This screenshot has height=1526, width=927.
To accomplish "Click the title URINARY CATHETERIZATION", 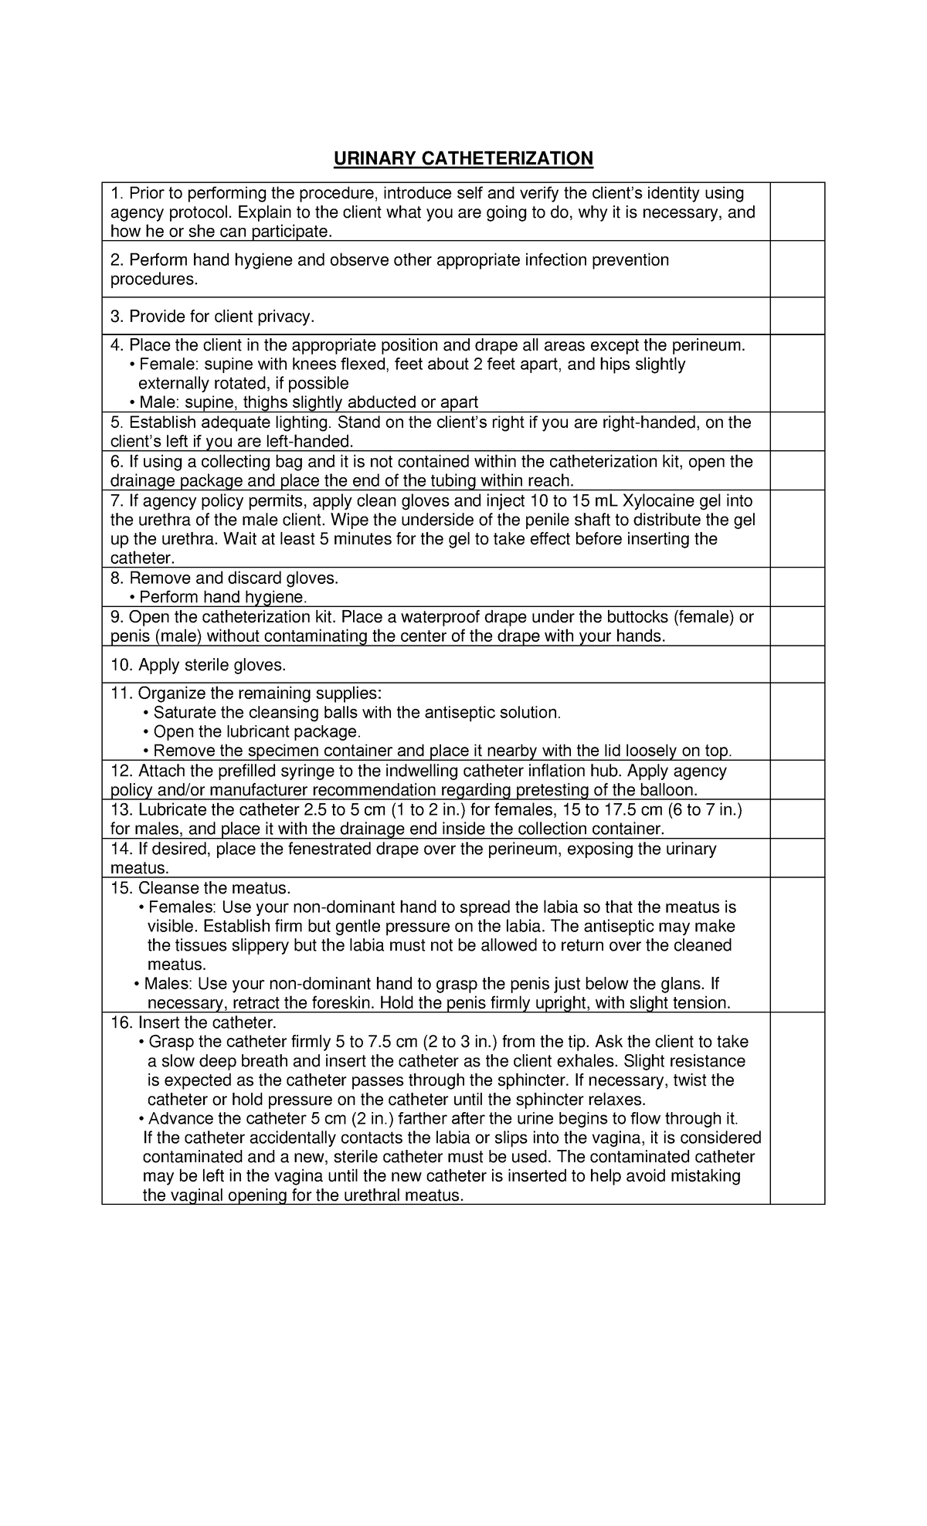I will coord(463,158).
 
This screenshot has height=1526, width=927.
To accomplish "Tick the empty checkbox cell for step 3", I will coord(797,316).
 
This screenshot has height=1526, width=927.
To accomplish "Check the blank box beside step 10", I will coord(797,664).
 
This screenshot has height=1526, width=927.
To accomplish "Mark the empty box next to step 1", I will coord(797,212).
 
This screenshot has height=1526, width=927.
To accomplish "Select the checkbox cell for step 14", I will coord(797,858).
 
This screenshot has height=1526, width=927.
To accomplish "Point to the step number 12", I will coord(122,771).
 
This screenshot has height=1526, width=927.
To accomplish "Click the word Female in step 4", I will coord(162,365).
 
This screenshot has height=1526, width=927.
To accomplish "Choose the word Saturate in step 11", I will coord(185,712).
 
